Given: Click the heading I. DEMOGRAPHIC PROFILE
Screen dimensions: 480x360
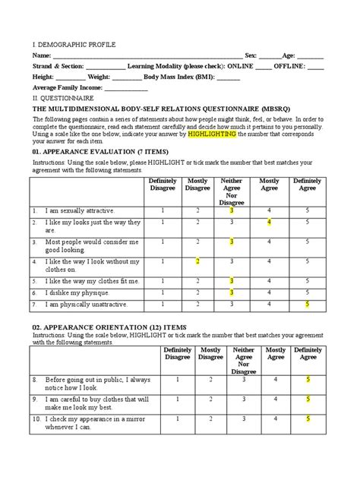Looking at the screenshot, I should pyautogui.click(x=73, y=46).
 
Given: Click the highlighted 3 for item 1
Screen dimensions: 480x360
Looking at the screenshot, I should pyautogui.click(x=232, y=210).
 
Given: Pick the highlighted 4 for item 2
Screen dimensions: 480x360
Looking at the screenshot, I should pyautogui.click(x=269, y=223).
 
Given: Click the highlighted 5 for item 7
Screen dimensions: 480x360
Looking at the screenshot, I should pyautogui.click(x=307, y=305).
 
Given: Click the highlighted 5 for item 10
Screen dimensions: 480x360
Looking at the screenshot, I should pyautogui.click(x=308, y=418).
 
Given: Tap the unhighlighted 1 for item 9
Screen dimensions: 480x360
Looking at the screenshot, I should pyautogui.click(x=177, y=398).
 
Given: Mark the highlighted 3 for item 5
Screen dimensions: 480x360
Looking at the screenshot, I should pyautogui.click(x=232, y=280).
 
